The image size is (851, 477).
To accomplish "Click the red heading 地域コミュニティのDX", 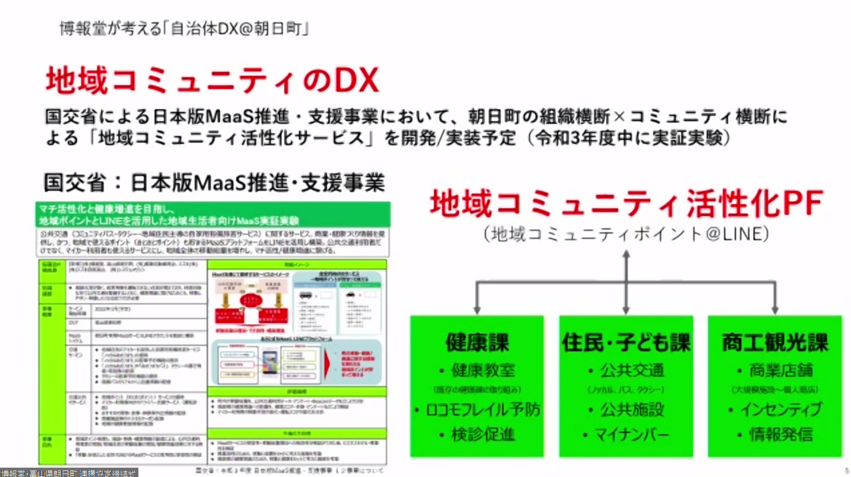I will point(212,81).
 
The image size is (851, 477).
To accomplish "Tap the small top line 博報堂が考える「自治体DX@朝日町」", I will point(184,28).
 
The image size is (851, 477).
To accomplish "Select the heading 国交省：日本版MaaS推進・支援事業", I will point(214,182).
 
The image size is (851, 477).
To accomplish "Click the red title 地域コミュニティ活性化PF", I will point(626,203).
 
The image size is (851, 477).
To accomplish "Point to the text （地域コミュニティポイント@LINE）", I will point(626,234).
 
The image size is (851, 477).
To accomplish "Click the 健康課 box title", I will point(477,343).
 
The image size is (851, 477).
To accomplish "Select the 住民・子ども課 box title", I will point(626,343).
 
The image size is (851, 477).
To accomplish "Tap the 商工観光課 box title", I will point(775,343).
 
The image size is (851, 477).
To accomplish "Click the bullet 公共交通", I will point(632,371).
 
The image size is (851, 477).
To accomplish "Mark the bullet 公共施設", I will point(632,410).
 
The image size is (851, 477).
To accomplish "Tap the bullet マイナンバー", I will point(632,434).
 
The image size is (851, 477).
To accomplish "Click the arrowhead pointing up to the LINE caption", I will point(626,255).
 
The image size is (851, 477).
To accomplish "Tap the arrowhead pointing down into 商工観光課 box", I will point(775,309).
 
